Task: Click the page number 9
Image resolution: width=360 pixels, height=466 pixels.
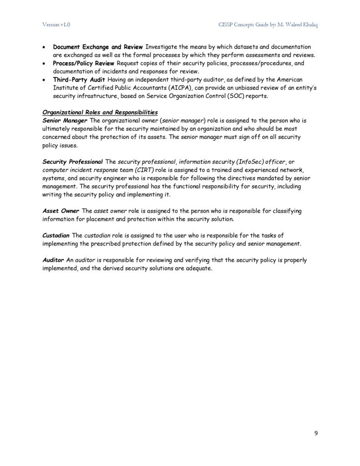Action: pyautogui.click(x=316, y=433)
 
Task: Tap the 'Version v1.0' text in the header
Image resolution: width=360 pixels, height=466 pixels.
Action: pyautogui.click(x=56, y=24)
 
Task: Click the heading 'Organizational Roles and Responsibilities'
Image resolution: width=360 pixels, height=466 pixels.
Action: pyautogui.click(x=100, y=112)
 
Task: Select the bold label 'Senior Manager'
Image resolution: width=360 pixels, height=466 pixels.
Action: pyautogui.click(x=65, y=120)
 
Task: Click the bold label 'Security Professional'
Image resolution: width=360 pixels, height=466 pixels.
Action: pyautogui.click(x=73, y=161)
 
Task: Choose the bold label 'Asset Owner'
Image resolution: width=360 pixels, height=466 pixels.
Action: pyautogui.click(x=61, y=211)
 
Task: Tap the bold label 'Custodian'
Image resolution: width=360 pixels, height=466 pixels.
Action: pyautogui.click(x=56, y=235)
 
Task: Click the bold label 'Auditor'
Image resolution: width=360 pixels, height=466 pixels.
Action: pyautogui.click(x=53, y=260)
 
